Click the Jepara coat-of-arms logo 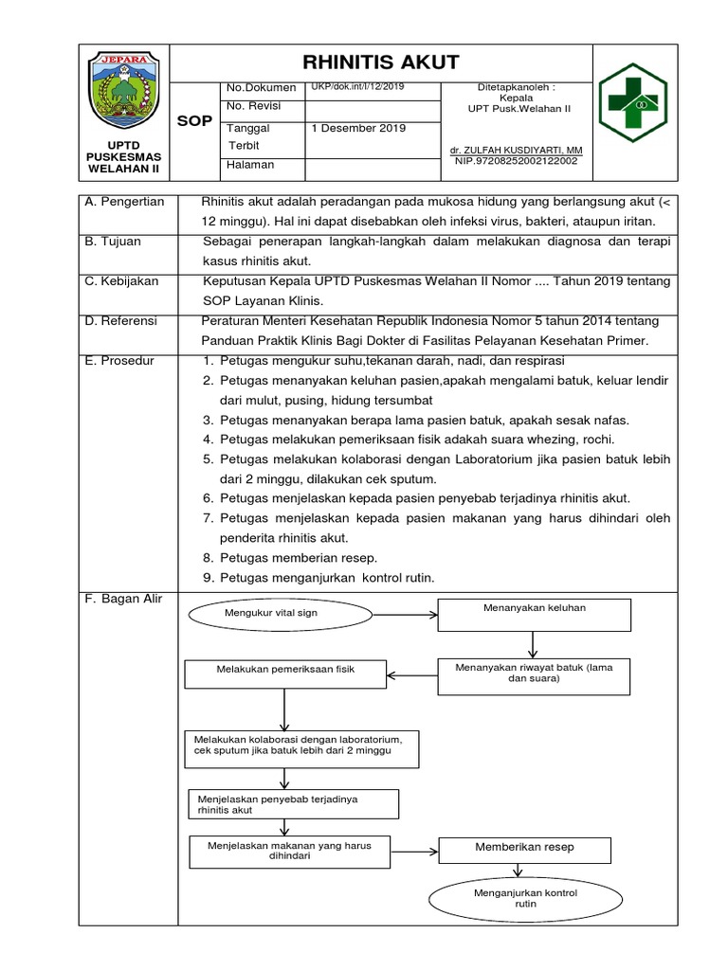tap(123, 93)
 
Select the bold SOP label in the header tap(195, 122)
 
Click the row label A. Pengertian tap(124, 202)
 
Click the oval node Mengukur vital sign tap(270, 614)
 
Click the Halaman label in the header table tap(250, 165)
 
